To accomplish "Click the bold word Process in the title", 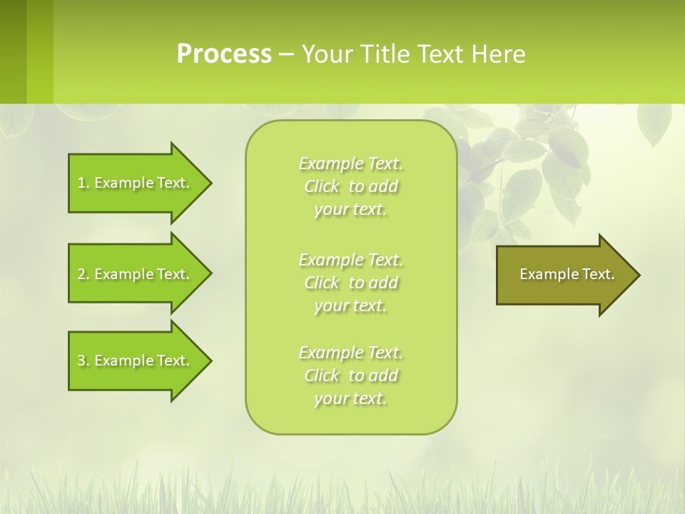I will coord(224,54).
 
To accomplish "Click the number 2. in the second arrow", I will coord(83,274).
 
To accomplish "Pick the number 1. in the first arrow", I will coord(83,183).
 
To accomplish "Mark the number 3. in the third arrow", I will coord(83,361).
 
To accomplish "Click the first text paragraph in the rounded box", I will coord(350,186).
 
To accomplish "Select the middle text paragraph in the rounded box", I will coord(350,283).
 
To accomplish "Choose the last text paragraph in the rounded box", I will coord(350,376).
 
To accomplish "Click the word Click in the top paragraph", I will coord(322,187).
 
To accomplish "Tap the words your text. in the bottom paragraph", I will coord(350,398).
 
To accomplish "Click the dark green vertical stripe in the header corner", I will coord(13,51).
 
